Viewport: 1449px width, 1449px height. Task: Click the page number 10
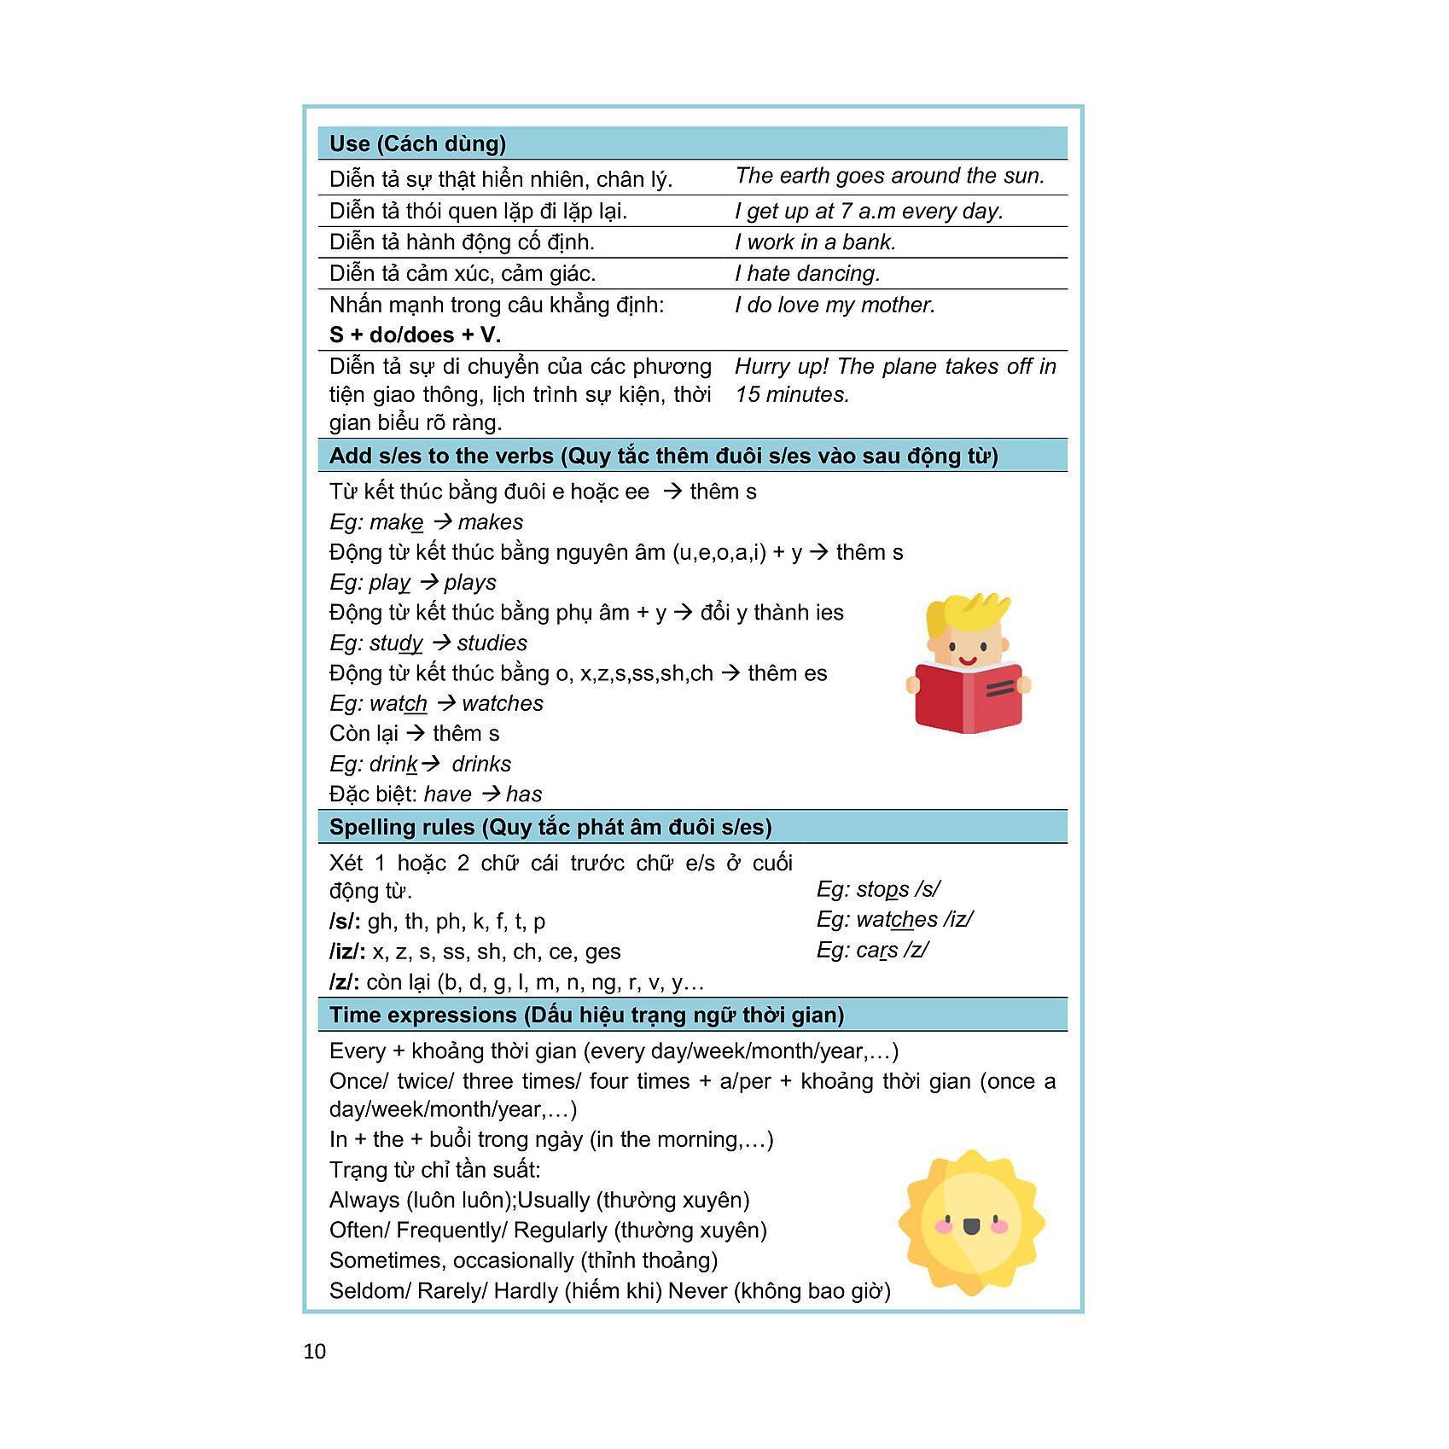(x=314, y=1351)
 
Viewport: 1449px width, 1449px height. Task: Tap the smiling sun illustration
(x=971, y=1223)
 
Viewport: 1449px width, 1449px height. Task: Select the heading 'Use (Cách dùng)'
(x=417, y=143)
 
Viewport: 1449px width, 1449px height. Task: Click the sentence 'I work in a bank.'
(x=815, y=242)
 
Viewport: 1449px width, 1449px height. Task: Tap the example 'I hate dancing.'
(x=807, y=274)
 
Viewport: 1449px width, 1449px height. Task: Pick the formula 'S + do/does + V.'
(x=415, y=335)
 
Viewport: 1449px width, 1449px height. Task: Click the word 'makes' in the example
(x=491, y=522)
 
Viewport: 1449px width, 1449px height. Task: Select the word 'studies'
(x=492, y=643)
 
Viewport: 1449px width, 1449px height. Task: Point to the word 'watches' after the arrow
(x=503, y=704)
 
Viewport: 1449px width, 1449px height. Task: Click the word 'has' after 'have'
(x=524, y=794)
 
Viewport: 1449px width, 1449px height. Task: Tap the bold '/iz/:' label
(x=347, y=951)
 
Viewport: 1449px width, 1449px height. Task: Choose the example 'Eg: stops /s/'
(x=877, y=889)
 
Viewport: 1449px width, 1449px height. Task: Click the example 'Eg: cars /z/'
(x=871, y=950)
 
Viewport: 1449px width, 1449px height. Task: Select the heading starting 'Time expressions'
(x=586, y=1015)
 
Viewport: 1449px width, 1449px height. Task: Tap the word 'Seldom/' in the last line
(x=370, y=1290)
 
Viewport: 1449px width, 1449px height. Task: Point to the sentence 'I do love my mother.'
(x=835, y=306)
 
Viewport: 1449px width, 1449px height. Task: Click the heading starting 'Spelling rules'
(x=550, y=827)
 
